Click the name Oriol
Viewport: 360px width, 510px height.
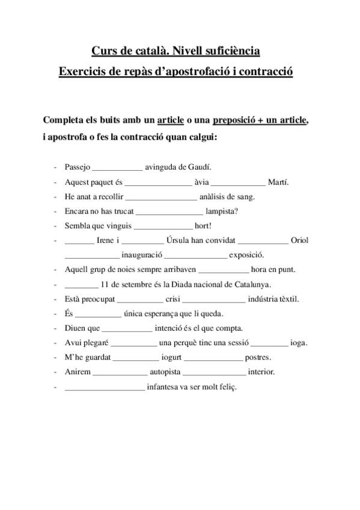(x=299, y=240)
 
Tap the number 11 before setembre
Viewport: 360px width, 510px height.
(x=106, y=284)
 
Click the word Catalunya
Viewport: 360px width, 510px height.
(x=252, y=284)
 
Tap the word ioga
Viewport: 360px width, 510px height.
(x=299, y=343)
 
